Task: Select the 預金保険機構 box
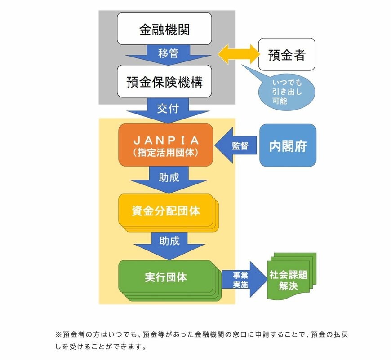164,81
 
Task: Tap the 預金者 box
286,54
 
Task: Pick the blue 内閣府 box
288,145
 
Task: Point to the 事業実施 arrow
241,280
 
